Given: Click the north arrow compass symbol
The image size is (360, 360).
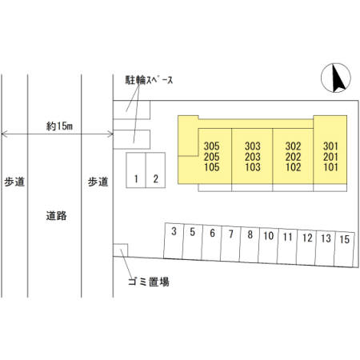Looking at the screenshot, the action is point(336,78).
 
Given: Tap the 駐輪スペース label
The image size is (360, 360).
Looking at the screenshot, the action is point(149,80).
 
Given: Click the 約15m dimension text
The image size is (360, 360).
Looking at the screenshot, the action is point(59,126).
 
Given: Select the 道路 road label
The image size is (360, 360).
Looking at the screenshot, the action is point(56,215).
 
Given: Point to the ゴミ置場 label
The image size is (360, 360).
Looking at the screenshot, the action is point(149,282).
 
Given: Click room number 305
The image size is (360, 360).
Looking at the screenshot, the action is point(212,146).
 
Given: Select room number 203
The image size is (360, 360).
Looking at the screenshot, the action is point(253,157).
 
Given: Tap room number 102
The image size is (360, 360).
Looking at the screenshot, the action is point(293,167).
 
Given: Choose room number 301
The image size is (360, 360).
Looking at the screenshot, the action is point(330,146).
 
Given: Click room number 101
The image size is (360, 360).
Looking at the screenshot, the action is point(330,167).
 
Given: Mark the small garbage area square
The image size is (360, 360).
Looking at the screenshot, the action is point(121,250).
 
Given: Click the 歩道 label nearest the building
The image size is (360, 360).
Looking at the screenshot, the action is point(98,182).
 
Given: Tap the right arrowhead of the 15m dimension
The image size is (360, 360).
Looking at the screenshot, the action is point(111,134).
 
